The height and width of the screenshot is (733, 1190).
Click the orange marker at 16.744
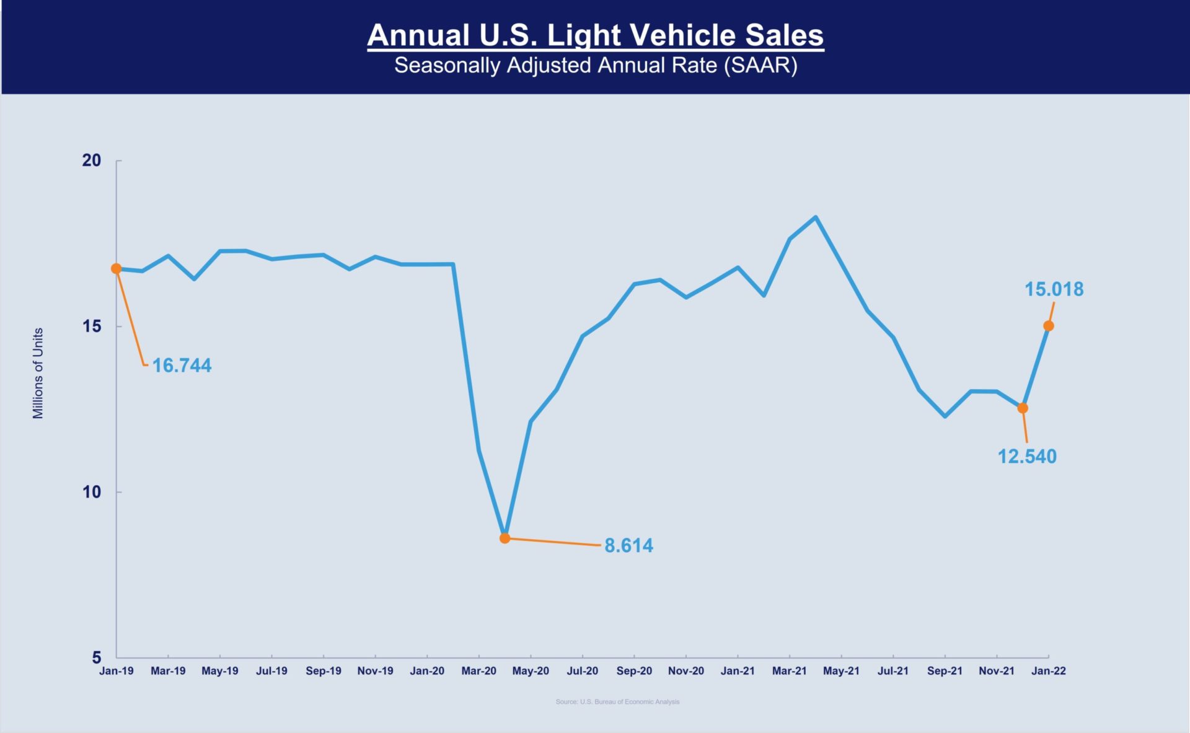(116, 269)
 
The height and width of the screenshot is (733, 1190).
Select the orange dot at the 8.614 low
(505, 538)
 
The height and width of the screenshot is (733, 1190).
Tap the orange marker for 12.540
(1023, 408)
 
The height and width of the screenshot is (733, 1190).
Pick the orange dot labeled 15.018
(1049, 326)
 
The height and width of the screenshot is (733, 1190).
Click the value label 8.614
(628, 546)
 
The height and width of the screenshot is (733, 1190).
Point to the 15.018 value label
(1054, 289)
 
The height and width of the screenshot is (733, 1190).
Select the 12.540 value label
(1027, 457)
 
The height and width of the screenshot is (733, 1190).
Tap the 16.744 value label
(182, 366)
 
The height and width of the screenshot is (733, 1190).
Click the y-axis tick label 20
(92, 160)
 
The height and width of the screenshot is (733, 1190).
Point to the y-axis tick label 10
(92, 492)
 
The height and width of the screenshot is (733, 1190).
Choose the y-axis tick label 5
(97, 657)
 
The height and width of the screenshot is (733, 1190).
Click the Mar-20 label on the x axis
(478, 671)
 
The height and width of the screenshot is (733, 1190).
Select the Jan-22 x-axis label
(1048, 671)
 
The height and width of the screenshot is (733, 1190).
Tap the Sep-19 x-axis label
(323, 671)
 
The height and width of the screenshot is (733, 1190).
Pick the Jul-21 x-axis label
(892, 671)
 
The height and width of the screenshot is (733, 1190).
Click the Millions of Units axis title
(38, 373)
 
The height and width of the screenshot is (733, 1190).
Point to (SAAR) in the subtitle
(760, 66)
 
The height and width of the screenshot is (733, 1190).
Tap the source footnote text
(617, 702)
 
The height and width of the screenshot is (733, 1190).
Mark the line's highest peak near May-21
(816, 217)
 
